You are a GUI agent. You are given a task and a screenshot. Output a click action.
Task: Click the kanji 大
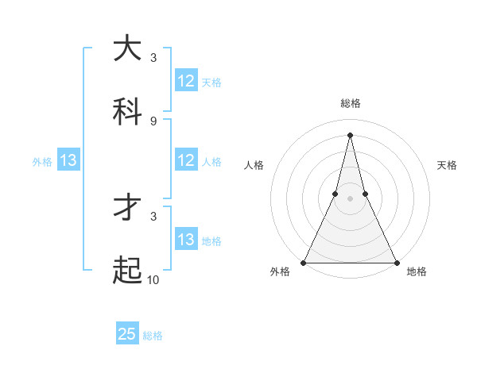pos(128,48)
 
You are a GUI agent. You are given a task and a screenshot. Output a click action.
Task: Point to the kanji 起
pos(128,271)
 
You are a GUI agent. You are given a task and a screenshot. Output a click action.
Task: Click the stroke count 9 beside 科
pos(153,121)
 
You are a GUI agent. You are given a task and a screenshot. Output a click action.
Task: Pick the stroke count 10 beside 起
pos(153,279)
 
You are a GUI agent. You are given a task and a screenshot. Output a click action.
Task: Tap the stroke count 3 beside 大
pos(153,57)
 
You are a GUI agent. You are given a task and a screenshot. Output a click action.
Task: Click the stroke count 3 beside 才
pos(153,215)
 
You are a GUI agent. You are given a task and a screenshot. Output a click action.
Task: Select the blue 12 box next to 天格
pos(186,81)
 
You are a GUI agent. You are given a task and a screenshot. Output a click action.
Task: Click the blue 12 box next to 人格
pos(186,160)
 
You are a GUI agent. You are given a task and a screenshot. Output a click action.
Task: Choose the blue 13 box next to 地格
pos(186,240)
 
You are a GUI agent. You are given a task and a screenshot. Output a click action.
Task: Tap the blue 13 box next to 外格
pos(68,160)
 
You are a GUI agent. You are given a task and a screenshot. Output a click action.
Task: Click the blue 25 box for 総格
pos(127,334)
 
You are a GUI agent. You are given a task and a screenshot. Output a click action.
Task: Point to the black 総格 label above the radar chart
pos(350,103)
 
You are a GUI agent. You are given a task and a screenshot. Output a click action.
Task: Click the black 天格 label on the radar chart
pos(447,165)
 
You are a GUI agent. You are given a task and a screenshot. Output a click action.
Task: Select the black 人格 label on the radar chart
pos(254,165)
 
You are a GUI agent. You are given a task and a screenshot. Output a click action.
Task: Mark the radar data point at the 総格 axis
pos(350,134)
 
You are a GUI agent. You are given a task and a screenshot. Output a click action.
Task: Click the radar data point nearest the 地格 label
pos(396,262)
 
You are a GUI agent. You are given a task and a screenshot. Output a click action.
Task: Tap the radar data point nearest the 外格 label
pos(304,262)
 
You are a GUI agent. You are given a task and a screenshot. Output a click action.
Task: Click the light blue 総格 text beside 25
pos(153,336)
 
